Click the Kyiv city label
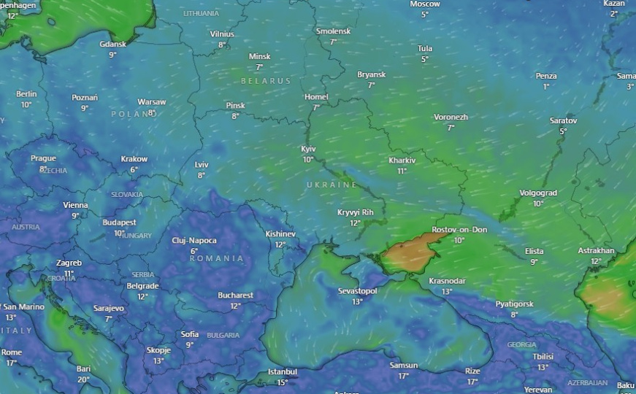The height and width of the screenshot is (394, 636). point(308,149)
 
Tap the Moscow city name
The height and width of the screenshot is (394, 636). point(424,4)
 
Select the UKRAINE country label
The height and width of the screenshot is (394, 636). point(332,185)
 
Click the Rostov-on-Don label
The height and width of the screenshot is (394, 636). point(459,230)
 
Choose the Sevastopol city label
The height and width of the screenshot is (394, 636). point(357,291)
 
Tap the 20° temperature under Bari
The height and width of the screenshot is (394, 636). point(83,379)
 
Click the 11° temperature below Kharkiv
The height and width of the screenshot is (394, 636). point(402,171)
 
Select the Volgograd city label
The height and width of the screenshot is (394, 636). point(538,193)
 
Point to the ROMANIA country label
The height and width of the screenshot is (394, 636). point(216,258)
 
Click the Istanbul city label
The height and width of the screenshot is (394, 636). point(282,372)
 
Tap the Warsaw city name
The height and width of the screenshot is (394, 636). point(152,102)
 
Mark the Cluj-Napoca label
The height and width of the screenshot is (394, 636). point(194,241)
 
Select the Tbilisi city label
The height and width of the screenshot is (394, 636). point(543,357)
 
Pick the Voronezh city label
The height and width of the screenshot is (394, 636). point(451,117)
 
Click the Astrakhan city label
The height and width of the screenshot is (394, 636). point(596,251)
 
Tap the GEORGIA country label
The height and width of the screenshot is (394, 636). point(521,344)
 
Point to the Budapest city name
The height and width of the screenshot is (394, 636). point(119,223)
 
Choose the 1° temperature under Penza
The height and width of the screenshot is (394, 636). point(545,86)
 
